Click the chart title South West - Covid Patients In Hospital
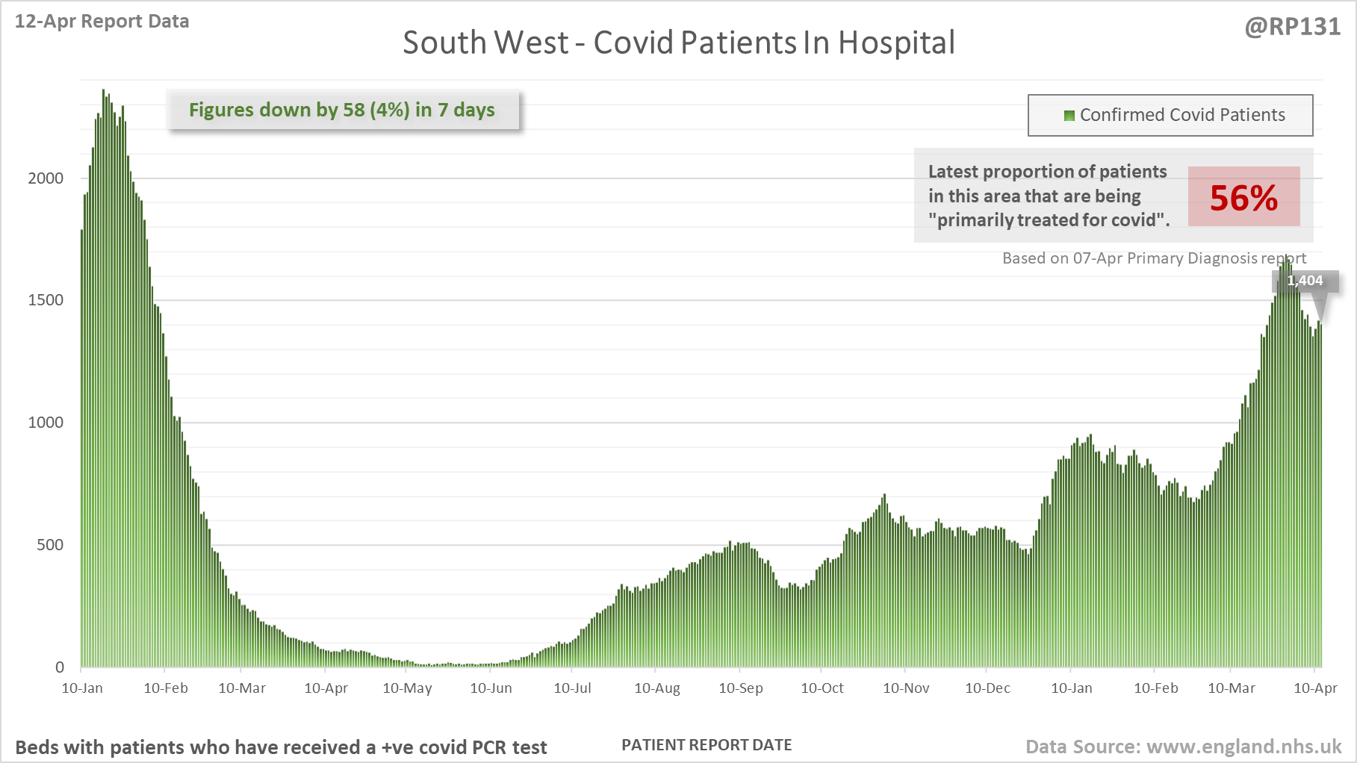pyautogui.click(x=678, y=43)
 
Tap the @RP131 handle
pyautogui.click(x=1292, y=27)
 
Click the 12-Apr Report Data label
pyautogui.click(x=102, y=21)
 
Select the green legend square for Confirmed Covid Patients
pyautogui.click(x=1069, y=115)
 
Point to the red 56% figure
pyautogui.click(x=1243, y=198)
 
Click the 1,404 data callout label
pyautogui.click(x=1305, y=281)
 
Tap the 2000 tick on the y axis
pyautogui.click(x=46, y=178)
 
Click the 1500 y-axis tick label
pyautogui.click(x=46, y=300)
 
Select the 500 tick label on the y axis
pyautogui.click(x=50, y=545)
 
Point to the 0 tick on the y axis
pyautogui.click(x=60, y=667)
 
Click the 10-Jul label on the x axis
pyautogui.click(x=572, y=688)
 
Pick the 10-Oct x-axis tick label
pyautogui.click(x=822, y=688)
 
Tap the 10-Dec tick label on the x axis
pyautogui.click(x=987, y=688)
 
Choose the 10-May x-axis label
pyautogui.click(x=407, y=688)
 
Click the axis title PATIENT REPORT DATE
pyautogui.click(x=707, y=745)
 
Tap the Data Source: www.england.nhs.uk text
pyautogui.click(x=1183, y=747)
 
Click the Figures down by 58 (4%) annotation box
pyautogui.click(x=342, y=110)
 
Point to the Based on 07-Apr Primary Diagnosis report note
pyautogui.click(x=1154, y=258)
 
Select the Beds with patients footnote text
pyautogui.click(x=281, y=747)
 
